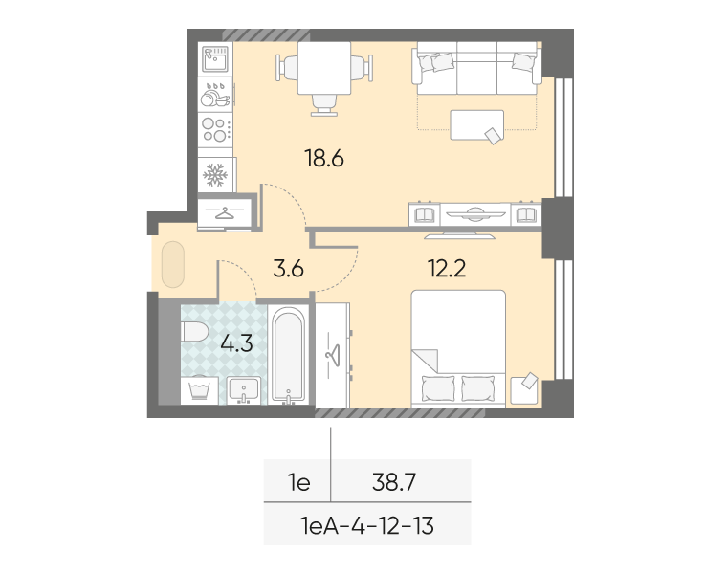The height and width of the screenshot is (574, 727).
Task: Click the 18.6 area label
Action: click(x=324, y=159)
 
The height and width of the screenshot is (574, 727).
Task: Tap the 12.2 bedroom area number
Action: click(x=447, y=269)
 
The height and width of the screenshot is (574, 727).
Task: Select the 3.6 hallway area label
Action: click(x=288, y=269)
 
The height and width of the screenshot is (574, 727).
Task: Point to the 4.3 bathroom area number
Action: click(x=236, y=343)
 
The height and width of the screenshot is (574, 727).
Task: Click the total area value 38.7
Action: click(x=394, y=482)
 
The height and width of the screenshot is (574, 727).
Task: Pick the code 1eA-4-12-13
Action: click(x=367, y=526)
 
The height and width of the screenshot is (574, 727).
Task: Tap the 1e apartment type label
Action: click(x=299, y=482)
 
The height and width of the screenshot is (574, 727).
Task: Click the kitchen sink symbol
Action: click(x=215, y=59)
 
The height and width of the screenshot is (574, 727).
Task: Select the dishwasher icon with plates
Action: click(x=215, y=95)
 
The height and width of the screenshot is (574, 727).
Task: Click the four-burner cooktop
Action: click(x=215, y=130)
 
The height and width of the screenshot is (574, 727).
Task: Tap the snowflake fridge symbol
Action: click(x=215, y=175)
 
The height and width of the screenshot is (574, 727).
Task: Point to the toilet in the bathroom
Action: click(x=195, y=332)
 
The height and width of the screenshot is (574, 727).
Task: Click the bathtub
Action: click(x=288, y=355)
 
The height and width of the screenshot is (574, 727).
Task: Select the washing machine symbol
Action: click(x=200, y=390)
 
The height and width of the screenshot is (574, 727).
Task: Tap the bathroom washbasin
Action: click(x=243, y=390)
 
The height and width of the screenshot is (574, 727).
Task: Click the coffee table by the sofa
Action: click(x=477, y=124)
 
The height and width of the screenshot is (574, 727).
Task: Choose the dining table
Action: click(x=324, y=68)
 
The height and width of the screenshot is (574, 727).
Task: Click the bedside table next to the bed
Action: click(x=524, y=390)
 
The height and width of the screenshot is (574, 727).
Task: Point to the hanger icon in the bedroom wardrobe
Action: click(x=333, y=355)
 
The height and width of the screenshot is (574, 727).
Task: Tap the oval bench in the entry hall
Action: click(x=173, y=264)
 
